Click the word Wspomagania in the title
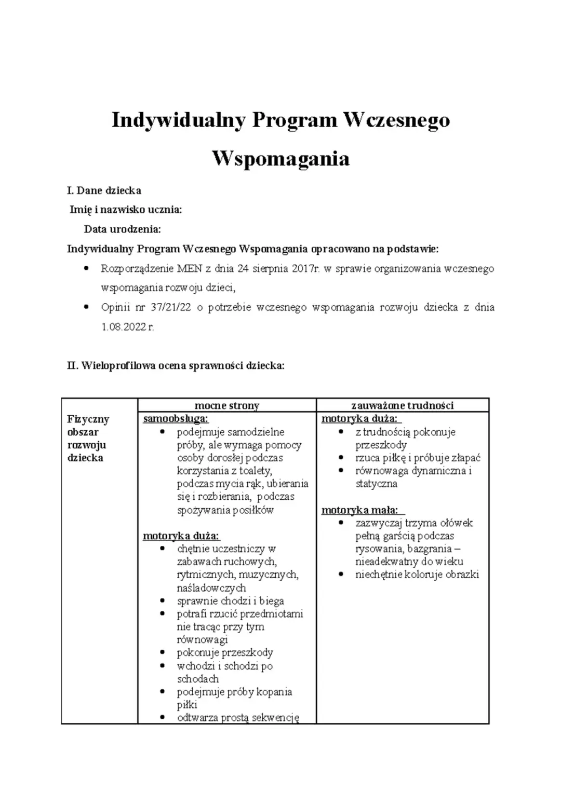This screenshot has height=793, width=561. click(x=280, y=158)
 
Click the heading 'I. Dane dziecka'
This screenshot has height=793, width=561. click(x=104, y=190)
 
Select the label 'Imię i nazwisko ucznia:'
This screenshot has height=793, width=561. click(x=126, y=210)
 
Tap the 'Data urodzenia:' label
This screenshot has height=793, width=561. click(x=122, y=229)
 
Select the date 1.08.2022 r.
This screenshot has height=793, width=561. click(x=127, y=327)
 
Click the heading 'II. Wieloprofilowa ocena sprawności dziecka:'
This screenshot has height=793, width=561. click(x=176, y=365)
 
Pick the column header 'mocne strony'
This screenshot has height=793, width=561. click(x=226, y=405)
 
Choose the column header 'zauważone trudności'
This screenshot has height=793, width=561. click(x=402, y=405)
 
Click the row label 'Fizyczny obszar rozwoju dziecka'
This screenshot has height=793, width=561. click(x=88, y=438)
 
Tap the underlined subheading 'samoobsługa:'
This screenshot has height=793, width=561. click(x=176, y=419)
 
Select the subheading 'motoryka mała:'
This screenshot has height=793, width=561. click(x=363, y=510)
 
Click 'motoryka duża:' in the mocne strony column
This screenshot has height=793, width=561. click(x=181, y=536)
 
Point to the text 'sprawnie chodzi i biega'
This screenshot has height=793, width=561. click(x=230, y=601)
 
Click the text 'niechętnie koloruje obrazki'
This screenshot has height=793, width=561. click(x=417, y=575)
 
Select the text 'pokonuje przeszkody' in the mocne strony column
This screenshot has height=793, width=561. click(x=224, y=652)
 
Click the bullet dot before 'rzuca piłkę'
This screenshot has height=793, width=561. click(x=341, y=458)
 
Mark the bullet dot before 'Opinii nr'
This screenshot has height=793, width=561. click(x=87, y=307)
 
